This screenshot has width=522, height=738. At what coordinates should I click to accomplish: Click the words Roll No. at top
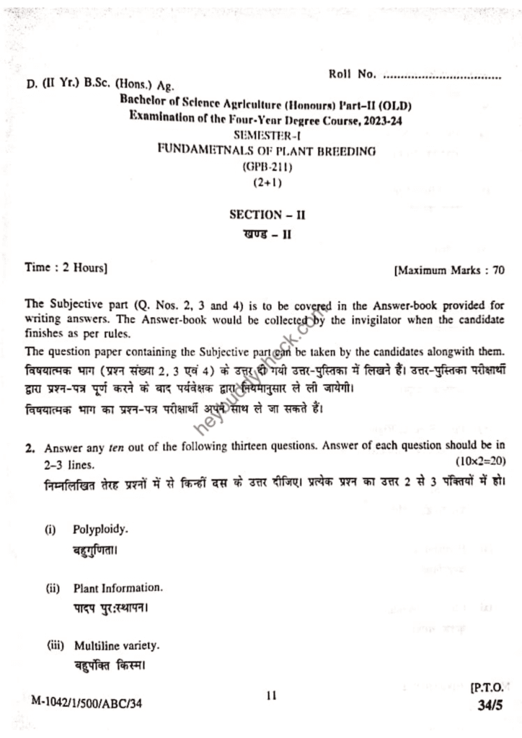[353, 74]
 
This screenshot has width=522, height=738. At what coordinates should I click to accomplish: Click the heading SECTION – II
[261, 214]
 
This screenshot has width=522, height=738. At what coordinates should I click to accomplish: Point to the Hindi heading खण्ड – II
[261, 234]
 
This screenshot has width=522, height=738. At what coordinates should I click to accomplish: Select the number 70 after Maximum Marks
[497, 272]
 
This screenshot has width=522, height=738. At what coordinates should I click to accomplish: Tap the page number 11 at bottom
[271, 695]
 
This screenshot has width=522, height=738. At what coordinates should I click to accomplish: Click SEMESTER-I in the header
[262, 135]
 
